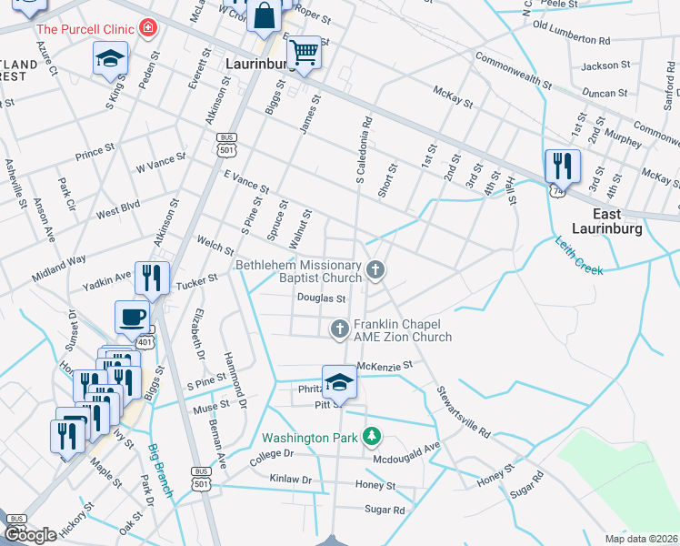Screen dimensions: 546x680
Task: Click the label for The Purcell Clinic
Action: (86, 29)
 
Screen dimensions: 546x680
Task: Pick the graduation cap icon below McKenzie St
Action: (339, 382)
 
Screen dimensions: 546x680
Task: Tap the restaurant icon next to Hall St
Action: (562, 166)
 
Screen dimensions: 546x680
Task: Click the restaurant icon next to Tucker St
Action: (151, 278)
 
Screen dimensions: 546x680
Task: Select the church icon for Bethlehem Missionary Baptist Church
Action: (375, 269)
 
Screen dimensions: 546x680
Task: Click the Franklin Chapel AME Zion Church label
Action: (402, 330)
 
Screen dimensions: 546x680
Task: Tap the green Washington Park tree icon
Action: (371, 438)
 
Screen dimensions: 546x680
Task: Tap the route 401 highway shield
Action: (146, 341)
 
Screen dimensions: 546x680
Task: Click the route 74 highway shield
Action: (555, 190)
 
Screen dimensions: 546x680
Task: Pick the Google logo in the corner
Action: (31, 534)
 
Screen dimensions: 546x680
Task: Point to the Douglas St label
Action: (321, 298)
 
